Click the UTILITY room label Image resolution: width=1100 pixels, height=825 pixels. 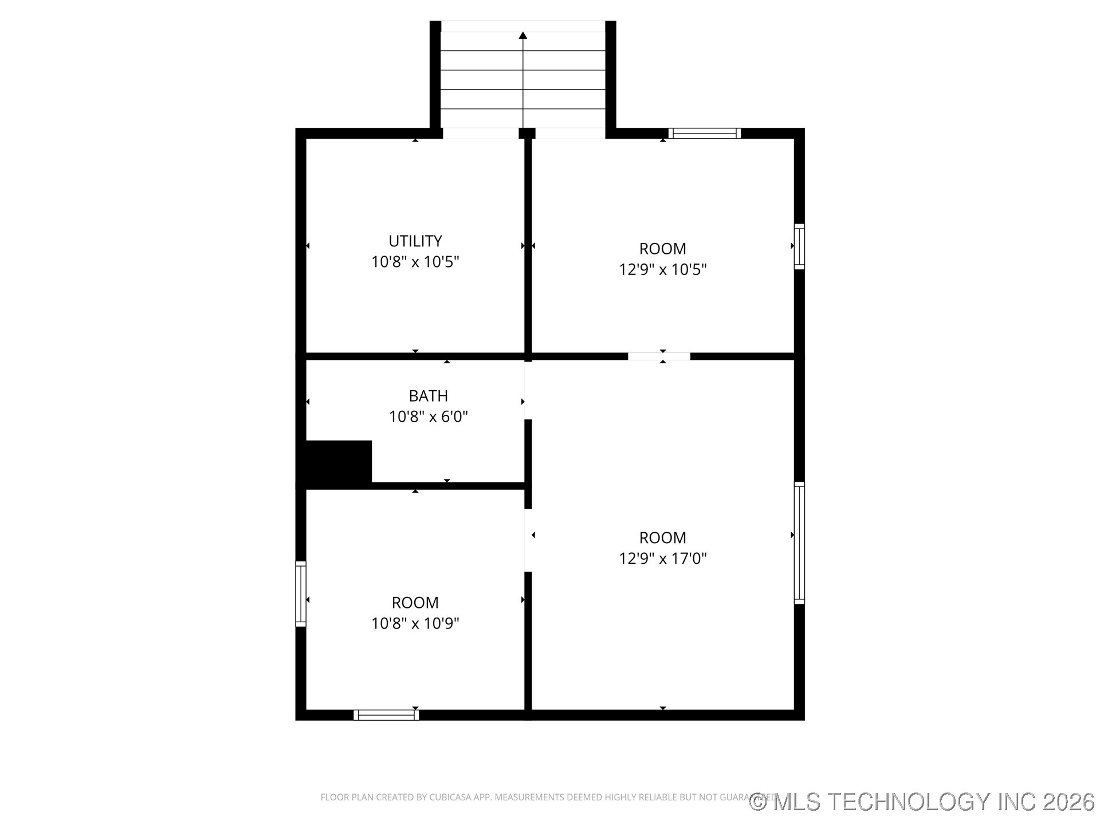click(415, 241)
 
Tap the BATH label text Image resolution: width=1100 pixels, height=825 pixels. click(428, 396)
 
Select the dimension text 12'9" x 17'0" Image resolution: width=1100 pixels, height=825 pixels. click(662, 559)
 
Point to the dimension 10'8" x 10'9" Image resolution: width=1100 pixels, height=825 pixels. click(415, 623)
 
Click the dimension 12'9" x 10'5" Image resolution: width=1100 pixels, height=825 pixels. click(662, 269)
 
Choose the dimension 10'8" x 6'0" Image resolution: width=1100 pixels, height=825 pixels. click(428, 417)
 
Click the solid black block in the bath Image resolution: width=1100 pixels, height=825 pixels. click(338, 462)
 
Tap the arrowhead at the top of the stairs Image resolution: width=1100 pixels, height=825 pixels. click(522, 36)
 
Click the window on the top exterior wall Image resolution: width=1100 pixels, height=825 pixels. click(704, 133)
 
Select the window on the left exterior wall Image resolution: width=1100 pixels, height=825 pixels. click(301, 594)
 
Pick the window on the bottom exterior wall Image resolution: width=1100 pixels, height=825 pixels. click(386, 715)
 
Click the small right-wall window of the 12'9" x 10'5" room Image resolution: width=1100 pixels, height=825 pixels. click(799, 246)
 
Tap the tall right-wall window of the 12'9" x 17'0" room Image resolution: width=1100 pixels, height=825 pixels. click(799, 543)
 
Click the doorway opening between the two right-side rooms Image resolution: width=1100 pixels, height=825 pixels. click(659, 356)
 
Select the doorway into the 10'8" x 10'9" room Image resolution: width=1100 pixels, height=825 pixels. click(528, 540)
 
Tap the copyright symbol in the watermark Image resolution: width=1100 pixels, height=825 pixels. click(758, 802)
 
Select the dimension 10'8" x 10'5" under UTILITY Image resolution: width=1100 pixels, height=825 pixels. click(415, 262)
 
